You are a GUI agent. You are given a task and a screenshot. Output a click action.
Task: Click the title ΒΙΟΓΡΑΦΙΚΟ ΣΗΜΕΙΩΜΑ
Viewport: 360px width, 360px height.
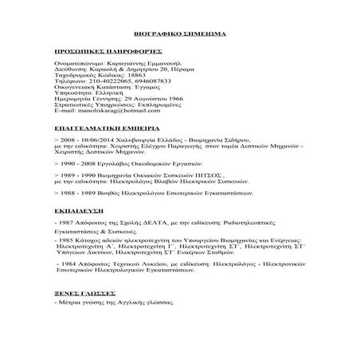tap(179, 36)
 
